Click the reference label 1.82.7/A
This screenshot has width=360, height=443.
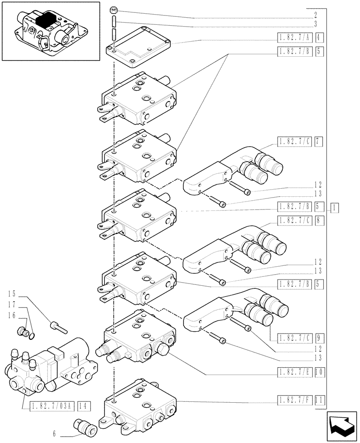(x=295, y=37)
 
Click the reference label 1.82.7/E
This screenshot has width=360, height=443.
(x=295, y=373)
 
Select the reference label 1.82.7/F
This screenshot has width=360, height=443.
(x=295, y=401)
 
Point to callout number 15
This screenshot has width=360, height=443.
(x=12, y=294)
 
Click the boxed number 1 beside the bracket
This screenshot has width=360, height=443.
(x=335, y=207)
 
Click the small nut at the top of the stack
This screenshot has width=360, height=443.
(x=114, y=9)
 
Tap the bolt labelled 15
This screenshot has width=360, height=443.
(x=57, y=326)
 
